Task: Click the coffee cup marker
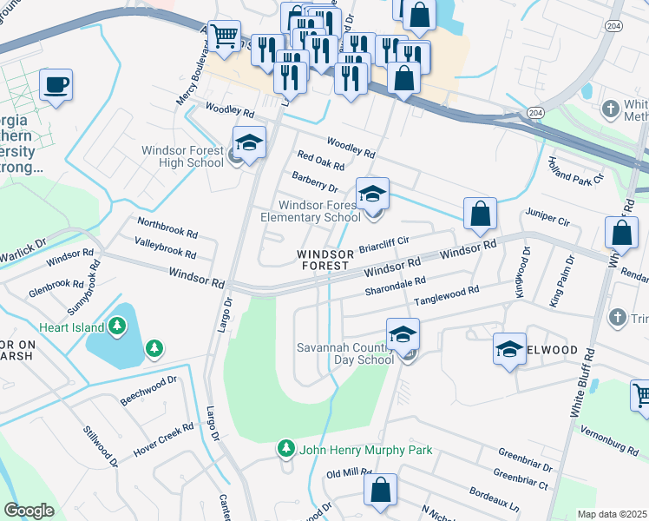pyautogui.click(x=56, y=86)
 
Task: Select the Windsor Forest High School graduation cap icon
pyautogui.click(x=249, y=143)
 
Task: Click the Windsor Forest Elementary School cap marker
pyautogui.click(x=372, y=194)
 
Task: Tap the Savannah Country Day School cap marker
pyautogui.click(x=403, y=334)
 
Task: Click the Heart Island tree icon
pyautogui.click(x=118, y=327)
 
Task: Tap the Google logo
pyautogui.click(x=29, y=511)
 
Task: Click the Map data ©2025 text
pyautogui.click(x=612, y=514)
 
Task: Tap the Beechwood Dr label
pyautogui.click(x=148, y=391)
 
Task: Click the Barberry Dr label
pyautogui.click(x=314, y=181)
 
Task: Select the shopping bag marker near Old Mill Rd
pyautogui.click(x=380, y=489)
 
